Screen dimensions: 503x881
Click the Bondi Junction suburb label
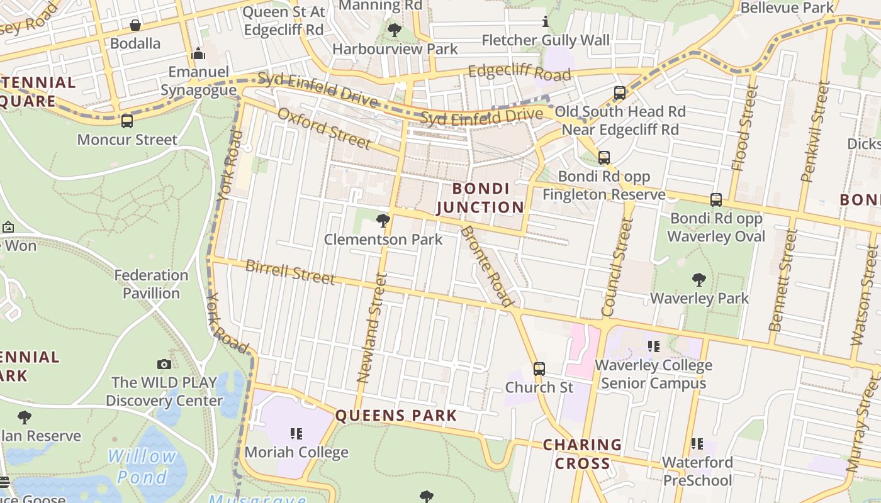pyautogui.click(x=480, y=198)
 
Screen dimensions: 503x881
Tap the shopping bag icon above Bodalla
pyautogui.click(x=135, y=26)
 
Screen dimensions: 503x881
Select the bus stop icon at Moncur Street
pyautogui.click(x=127, y=121)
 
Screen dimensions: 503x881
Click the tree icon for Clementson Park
pyautogui.click(x=383, y=221)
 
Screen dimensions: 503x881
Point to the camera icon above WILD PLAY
pyautogui.click(x=164, y=364)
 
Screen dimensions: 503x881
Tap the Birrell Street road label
pyautogui.click(x=290, y=272)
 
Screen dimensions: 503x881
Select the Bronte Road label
pyautogui.click(x=486, y=265)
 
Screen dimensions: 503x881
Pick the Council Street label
pyautogui.click(x=616, y=267)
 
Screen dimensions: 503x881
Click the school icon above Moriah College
pyautogui.click(x=296, y=433)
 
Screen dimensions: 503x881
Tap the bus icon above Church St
pyautogui.click(x=539, y=368)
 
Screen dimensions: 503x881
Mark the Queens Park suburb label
pyautogui.click(x=396, y=416)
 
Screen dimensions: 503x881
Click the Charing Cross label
pyautogui.click(x=582, y=454)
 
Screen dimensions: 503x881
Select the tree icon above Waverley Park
pyautogui.click(x=699, y=280)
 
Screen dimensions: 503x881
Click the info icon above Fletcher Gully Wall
pyautogui.click(x=546, y=23)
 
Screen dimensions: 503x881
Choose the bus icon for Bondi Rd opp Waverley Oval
pyautogui.click(x=716, y=200)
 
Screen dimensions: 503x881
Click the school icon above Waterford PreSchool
pyautogui.click(x=697, y=444)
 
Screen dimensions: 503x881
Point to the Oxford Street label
pyautogui.click(x=324, y=128)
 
